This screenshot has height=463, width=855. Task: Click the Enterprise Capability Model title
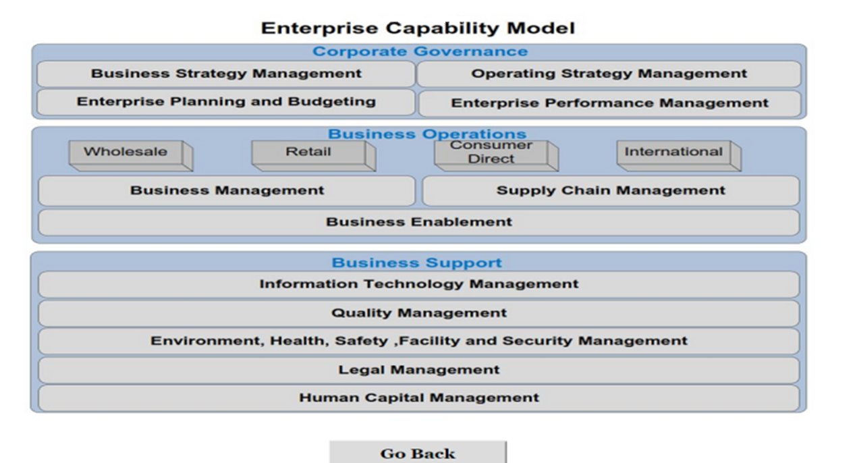pos(418,28)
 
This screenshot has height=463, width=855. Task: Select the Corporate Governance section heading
pos(420,51)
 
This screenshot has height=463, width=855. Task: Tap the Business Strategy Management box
pos(226,74)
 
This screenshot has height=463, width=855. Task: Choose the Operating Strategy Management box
pos(609,74)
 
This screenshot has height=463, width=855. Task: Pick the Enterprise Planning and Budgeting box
pos(226,102)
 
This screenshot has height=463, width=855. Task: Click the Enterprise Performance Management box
pos(609,103)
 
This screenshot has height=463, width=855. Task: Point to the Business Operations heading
pos(427,134)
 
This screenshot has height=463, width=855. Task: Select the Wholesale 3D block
pos(131,156)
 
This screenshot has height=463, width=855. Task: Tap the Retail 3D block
pos(314,156)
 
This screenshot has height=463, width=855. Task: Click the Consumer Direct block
pos(497,156)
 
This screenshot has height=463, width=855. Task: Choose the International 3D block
pos(679,156)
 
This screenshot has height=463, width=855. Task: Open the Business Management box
pos(227,191)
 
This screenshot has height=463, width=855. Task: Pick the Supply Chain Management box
pos(611,191)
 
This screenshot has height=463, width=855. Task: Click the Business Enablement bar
pos(418,222)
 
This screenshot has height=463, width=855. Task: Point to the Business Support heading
pos(417,263)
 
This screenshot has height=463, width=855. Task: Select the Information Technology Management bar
pos(418,284)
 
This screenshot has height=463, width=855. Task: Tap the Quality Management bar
pos(418,313)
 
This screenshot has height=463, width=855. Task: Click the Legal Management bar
pos(418,370)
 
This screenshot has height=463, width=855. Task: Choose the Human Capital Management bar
pos(418,398)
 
